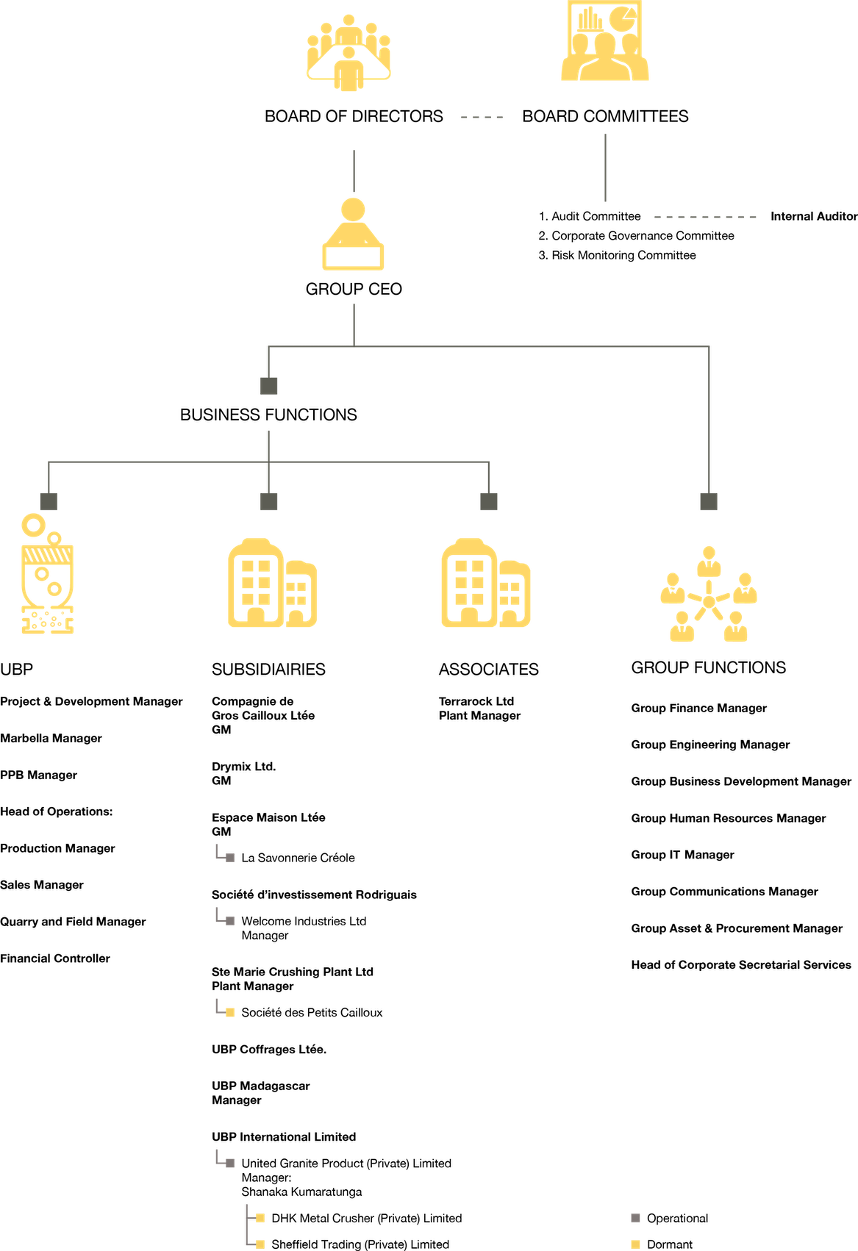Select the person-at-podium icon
tap(353, 235)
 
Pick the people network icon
tap(709, 595)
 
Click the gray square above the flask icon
tap(49, 501)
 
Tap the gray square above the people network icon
tap(709, 501)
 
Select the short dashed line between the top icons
tap(482, 117)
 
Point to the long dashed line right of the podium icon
tap(704, 217)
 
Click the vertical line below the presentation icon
tap(605, 167)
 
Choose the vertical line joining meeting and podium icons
tap(354, 171)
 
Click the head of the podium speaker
tap(354, 209)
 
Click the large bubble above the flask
tap(33, 524)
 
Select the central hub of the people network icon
tap(709, 602)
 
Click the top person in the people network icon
tap(709, 560)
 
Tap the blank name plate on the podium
tap(353, 257)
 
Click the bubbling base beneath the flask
tap(48, 623)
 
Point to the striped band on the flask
tap(49, 554)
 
